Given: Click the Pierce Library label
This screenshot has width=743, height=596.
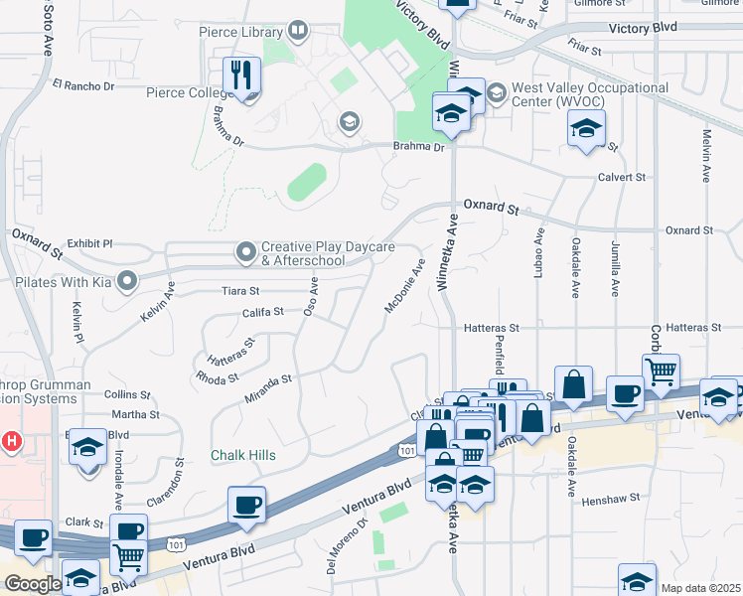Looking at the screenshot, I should coord(240,33).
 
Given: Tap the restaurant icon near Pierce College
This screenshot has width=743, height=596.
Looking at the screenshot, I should coord(241,74).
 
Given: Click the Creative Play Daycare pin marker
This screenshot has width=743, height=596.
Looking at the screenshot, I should coord(245,250).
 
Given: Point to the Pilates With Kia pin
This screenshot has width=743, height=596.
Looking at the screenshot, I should coord(126,282).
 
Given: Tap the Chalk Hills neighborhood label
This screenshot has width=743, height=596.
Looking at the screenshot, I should coord(242,455).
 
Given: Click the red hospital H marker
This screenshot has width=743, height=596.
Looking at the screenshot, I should coord(11,439).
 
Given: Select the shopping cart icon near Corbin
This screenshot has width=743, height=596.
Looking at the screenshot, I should coord(661,372).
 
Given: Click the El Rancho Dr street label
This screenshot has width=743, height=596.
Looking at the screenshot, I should coord(83,86).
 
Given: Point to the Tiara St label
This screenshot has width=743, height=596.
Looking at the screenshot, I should coord(240,292).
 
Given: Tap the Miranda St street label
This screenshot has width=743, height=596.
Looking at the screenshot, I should coord(267,386).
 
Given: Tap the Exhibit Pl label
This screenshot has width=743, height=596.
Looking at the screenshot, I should coord(90,242).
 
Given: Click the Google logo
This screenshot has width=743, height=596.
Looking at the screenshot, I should coord(32,584).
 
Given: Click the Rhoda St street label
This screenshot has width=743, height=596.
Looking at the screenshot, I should coord(217,377).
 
